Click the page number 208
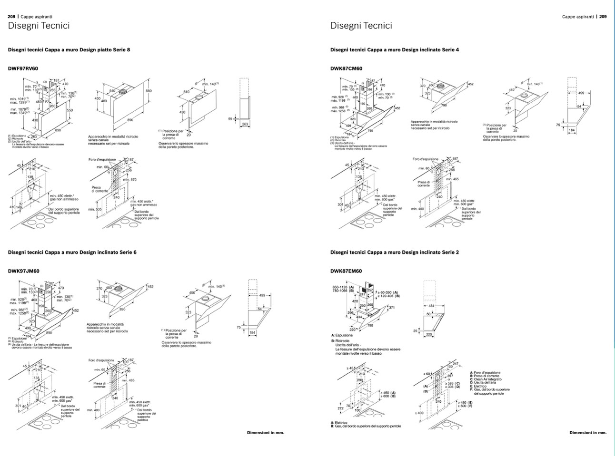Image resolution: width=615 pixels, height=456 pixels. pyautogui.click(x=11, y=16)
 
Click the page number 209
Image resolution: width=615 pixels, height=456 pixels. pyautogui.click(x=603, y=16)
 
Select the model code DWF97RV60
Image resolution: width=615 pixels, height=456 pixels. pyautogui.click(x=23, y=68)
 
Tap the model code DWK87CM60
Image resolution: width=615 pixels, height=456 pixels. pyautogui.click(x=346, y=68)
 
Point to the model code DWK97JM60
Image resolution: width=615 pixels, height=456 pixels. pyautogui.click(x=23, y=272)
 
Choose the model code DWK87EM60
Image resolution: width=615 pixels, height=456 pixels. pyautogui.click(x=346, y=272)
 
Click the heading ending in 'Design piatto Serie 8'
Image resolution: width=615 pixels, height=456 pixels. pyautogui.click(x=69, y=49)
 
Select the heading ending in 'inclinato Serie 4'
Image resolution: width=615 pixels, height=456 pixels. pyautogui.click(x=395, y=49)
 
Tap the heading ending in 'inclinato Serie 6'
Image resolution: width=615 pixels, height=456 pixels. pyautogui.click(x=72, y=252)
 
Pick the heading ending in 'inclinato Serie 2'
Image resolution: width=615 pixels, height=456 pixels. pyautogui.click(x=395, y=252)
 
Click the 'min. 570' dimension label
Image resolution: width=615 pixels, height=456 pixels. pyautogui.click(x=129, y=180)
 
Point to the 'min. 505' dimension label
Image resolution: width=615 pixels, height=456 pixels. pyautogui.click(x=95, y=209)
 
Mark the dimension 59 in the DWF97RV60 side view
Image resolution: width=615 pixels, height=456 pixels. pyautogui.click(x=230, y=119)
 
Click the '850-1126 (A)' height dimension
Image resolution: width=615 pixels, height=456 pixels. pyautogui.click(x=343, y=287)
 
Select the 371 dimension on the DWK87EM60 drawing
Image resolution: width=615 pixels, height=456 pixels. pyautogui.click(x=392, y=308)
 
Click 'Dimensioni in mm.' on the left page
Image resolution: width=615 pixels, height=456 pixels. pyautogui.click(x=266, y=433)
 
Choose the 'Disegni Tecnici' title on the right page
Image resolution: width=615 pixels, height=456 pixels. pyautogui.click(x=361, y=26)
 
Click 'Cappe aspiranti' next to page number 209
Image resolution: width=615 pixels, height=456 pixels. pyautogui.click(x=577, y=16)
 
